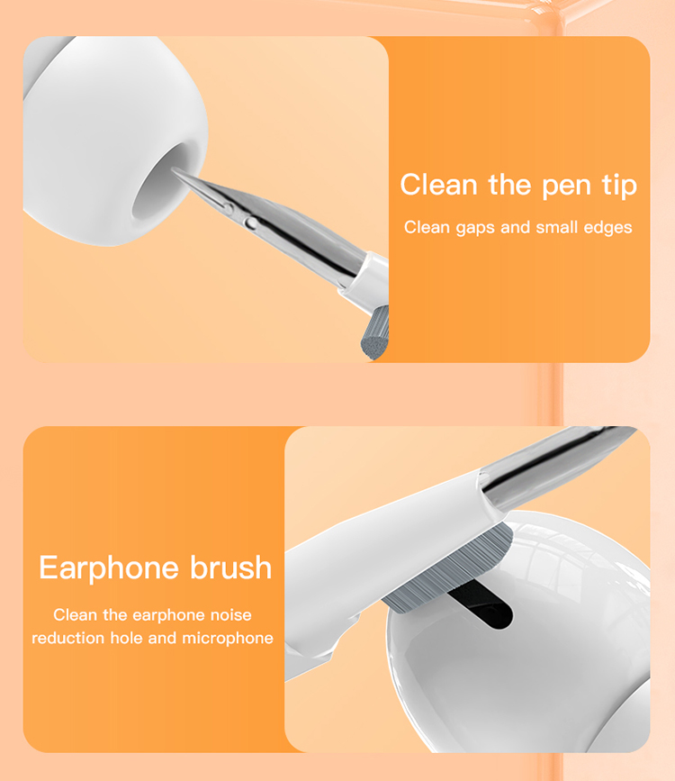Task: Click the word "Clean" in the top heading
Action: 438,185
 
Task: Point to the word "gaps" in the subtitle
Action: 474,228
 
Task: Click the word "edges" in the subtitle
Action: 607,227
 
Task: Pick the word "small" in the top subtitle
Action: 557,227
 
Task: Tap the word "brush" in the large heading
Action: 231,568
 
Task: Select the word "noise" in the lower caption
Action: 230,615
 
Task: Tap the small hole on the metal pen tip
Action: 251,221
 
